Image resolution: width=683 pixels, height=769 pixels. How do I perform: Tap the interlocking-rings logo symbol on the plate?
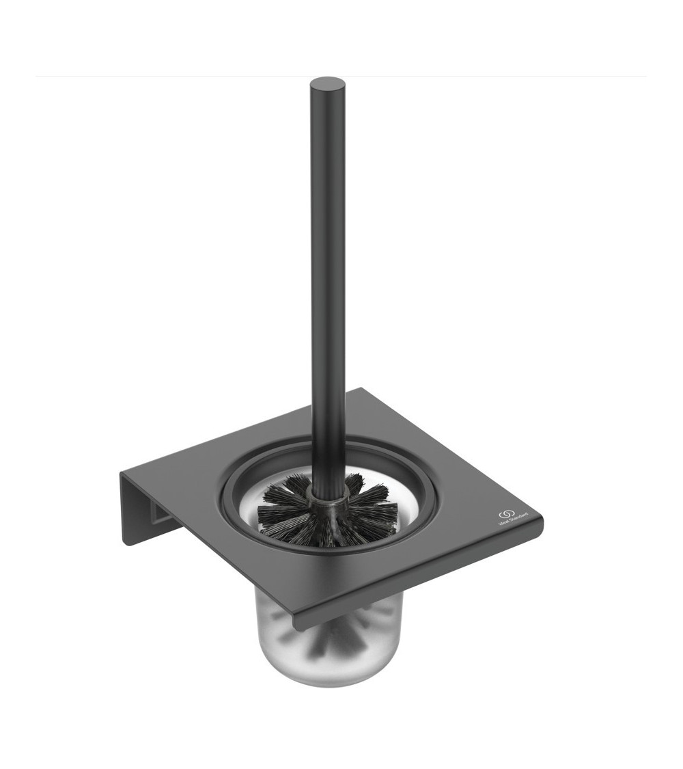pyautogui.click(x=507, y=513)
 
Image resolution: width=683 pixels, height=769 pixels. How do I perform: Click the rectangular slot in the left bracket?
pyautogui.click(x=161, y=513)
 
